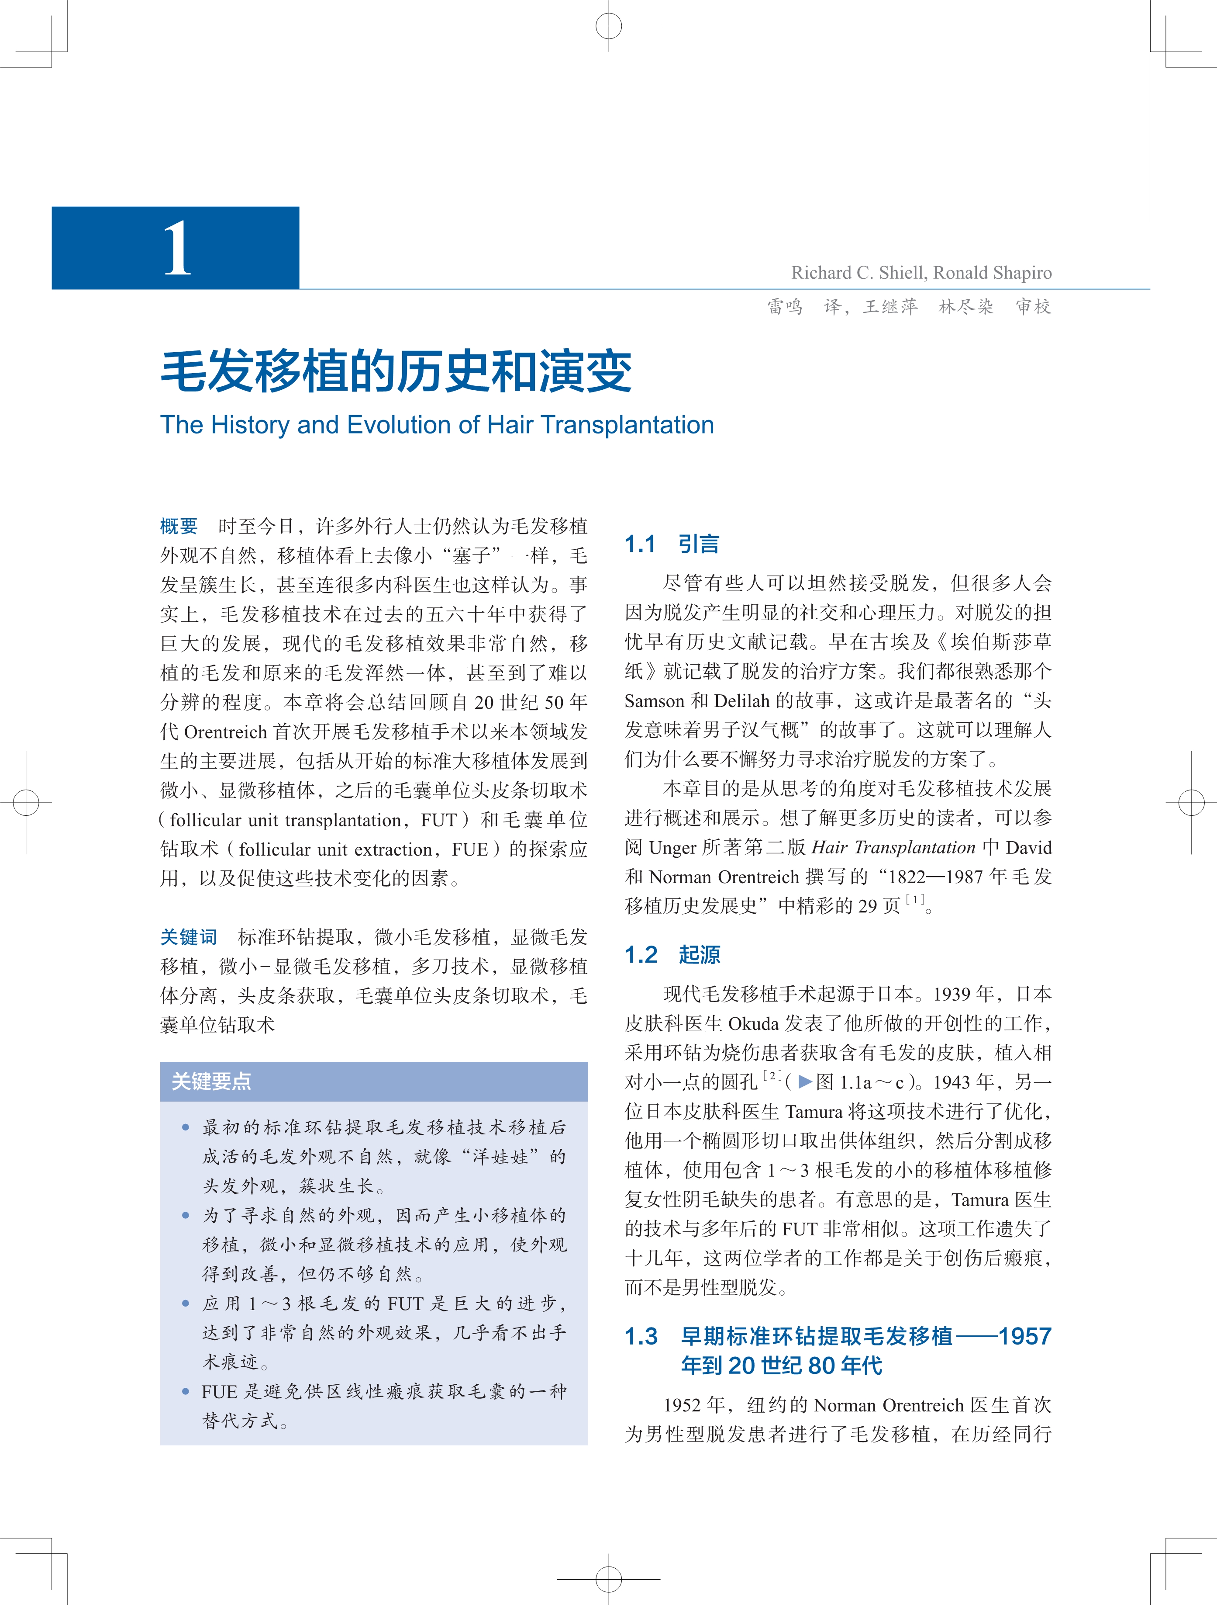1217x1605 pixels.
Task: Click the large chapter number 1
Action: click(x=177, y=249)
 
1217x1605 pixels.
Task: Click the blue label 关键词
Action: click(x=188, y=937)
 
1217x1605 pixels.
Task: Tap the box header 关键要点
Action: click(x=211, y=1081)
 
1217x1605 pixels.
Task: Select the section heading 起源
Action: click(x=699, y=955)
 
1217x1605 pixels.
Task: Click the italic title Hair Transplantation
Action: click(x=893, y=847)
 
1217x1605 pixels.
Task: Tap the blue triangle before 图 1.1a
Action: click(x=804, y=1082)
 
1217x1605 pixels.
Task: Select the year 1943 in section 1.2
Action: click(x=953, y=1082)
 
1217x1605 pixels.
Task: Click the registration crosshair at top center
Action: click(x=609, y=26)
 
